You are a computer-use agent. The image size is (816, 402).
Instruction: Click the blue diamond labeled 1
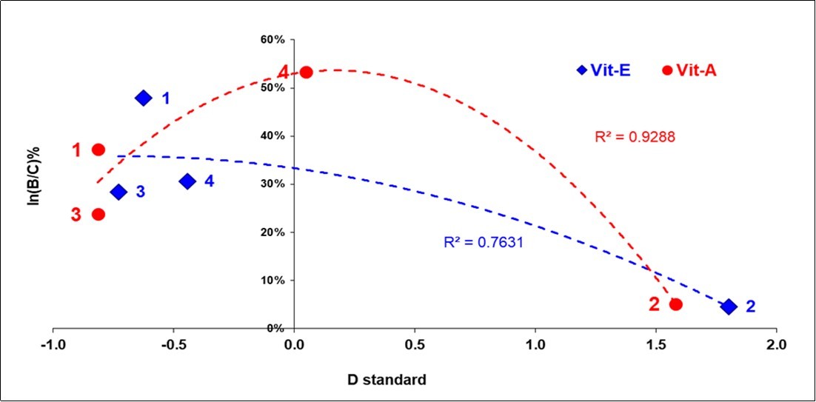(144, 98)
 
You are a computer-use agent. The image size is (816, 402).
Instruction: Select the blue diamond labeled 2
(729, 306)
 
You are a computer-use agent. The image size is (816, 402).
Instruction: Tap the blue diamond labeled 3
(118, 192)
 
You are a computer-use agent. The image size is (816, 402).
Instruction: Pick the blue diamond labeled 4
(187, 181)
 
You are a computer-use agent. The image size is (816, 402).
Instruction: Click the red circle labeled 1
(98, 150)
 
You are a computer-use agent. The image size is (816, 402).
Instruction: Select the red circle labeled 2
(675, 304)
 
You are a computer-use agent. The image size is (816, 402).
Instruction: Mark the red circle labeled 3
(98, 214)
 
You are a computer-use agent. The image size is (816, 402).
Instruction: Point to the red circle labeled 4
(306, 72)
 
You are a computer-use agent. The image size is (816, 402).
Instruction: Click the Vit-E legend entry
(603, 70)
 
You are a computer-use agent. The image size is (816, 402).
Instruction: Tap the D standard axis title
(387, 381)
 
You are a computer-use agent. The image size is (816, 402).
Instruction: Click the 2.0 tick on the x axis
(776, 345)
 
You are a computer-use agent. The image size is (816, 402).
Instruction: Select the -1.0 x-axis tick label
(53, 345)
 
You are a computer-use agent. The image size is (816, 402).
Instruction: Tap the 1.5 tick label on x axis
(655, 345)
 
